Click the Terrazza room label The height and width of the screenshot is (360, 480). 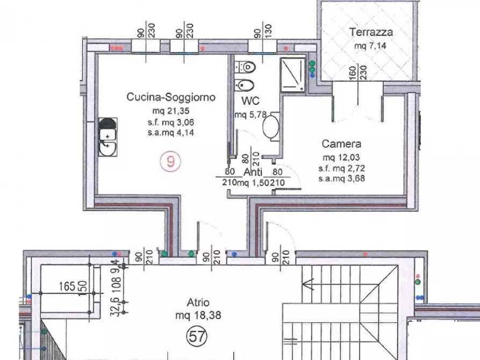coord(371,32)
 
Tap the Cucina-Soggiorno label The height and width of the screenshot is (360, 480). coord(171,97)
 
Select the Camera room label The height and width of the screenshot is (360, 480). coord(341,144)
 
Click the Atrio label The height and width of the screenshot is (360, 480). coord(195,303)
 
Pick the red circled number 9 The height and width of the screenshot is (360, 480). coord(170,161)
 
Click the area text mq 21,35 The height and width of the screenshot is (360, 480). coord(171,111)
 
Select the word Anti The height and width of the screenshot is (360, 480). coord(253,172)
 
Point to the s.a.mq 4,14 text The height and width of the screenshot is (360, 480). coord(171,132)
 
